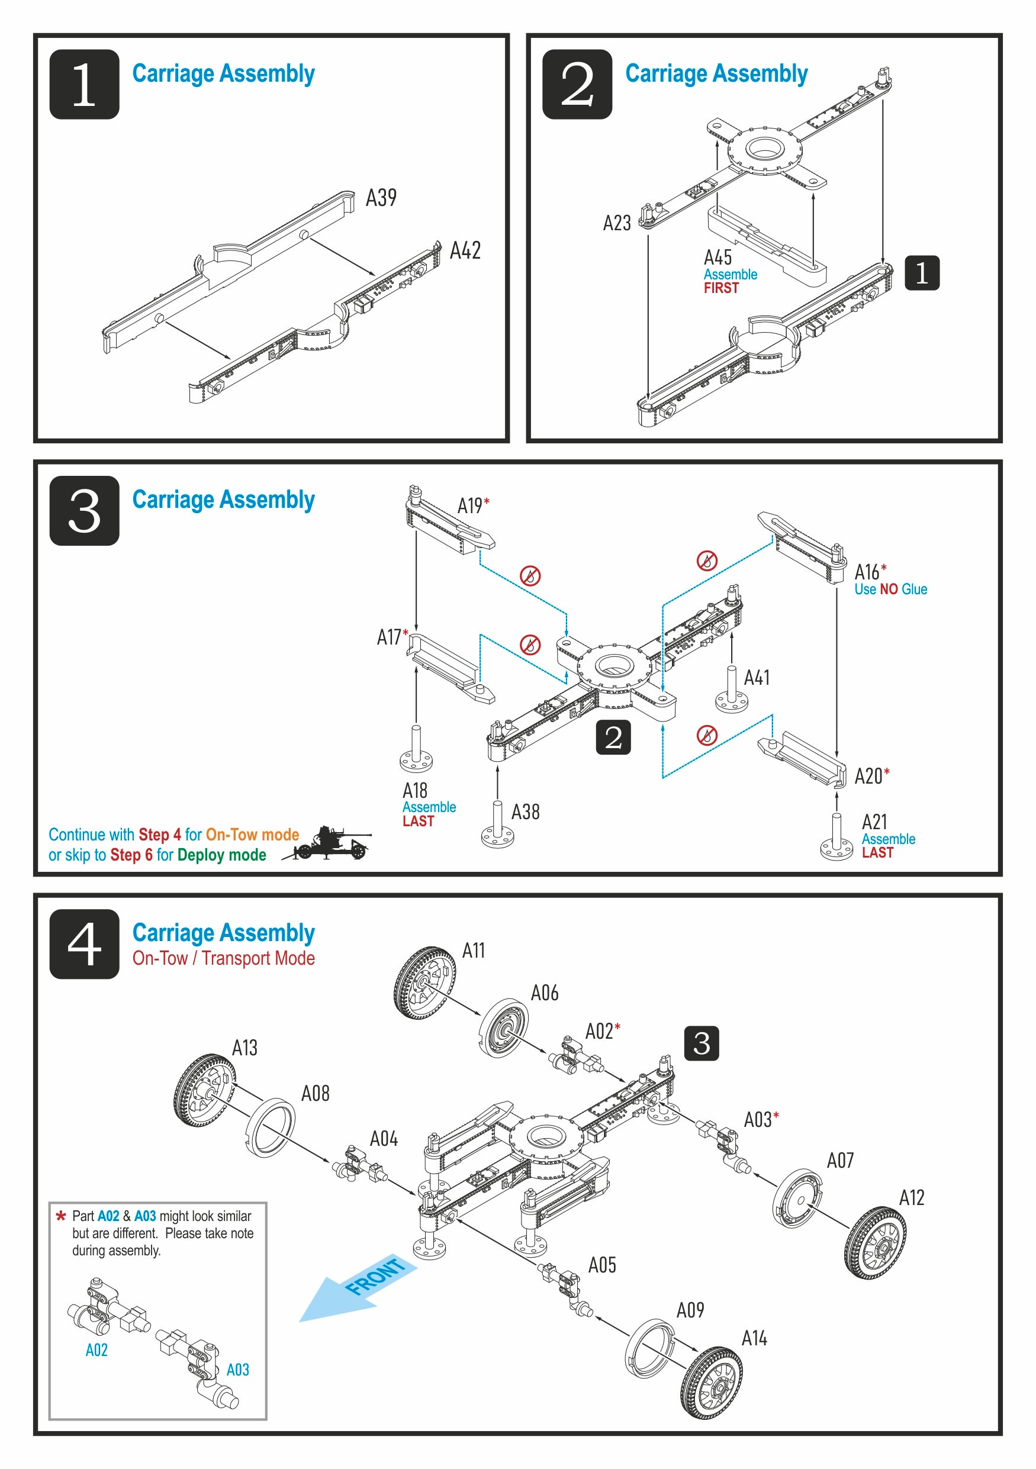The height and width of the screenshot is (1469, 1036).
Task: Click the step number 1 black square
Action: [84, 84]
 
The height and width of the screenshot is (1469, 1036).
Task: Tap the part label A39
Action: [381, 198]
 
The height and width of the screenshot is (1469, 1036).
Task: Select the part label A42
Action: [465, 251]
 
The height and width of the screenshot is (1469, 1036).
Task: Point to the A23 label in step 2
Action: [617, 223]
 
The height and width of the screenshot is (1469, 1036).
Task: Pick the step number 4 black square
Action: [84, 943]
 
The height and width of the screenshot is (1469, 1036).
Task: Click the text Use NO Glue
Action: [890, 589]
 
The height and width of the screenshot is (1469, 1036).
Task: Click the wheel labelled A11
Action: [424, 982]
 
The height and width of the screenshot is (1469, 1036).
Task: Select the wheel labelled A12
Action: [876, 1242]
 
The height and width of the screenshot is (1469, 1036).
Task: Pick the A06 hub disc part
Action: [503, 1027]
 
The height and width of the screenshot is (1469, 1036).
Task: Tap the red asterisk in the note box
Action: [61, 1216]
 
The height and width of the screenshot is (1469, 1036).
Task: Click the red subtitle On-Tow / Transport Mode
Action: [223, 958]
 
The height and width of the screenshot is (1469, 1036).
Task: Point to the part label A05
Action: [601, 1265]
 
